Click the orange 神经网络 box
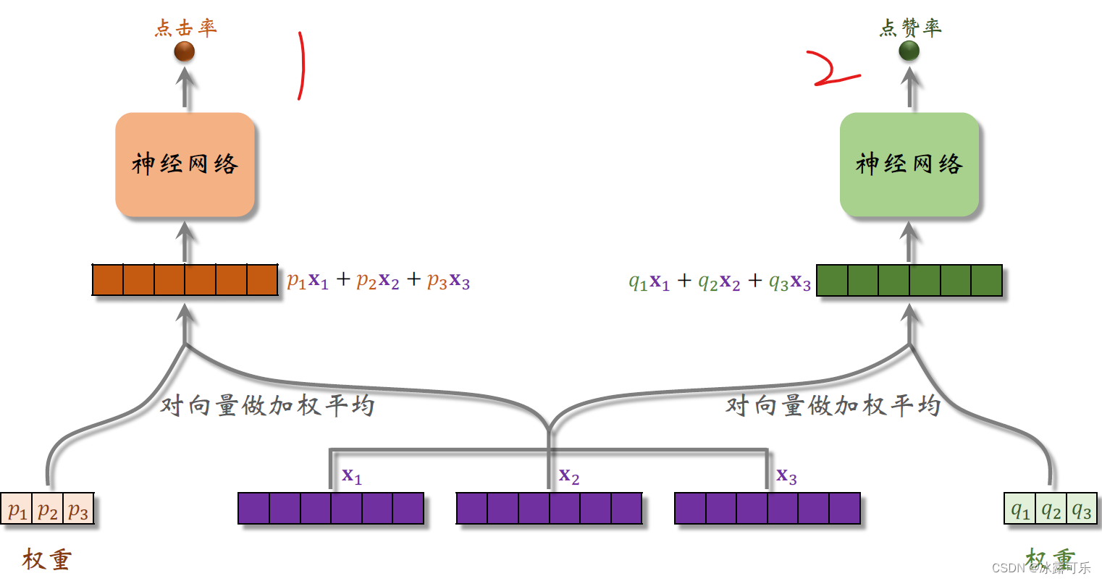click(185, 164)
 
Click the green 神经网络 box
click(909, 164)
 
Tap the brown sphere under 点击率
click(185, 51)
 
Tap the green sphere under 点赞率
click(909, 51)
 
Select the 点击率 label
click(186, 28)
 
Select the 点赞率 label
click(910, 28)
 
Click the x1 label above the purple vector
click(352, 475)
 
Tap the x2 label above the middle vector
click(569, 476)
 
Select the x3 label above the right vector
click(786, 476)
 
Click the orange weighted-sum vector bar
click(185, 280)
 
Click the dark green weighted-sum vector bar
click(909, 281)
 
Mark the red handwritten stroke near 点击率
click(300, 65)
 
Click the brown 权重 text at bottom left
click(47, 559)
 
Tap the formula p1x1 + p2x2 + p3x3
click(379, 281)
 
